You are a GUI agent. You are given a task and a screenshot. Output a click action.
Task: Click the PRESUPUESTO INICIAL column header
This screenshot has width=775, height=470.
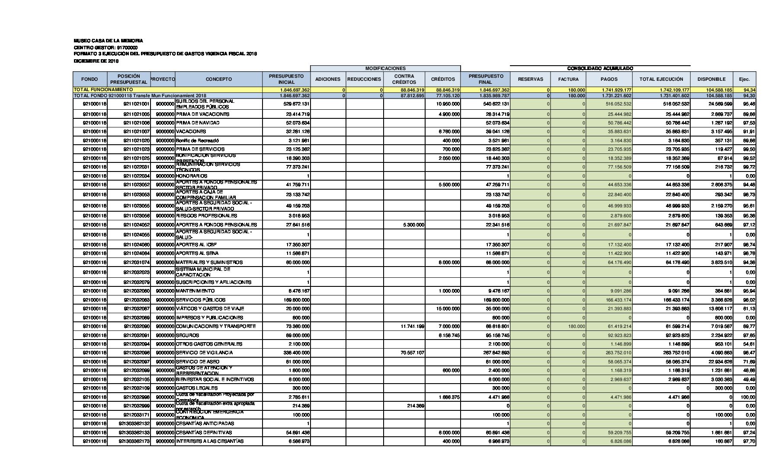tap(286, 79)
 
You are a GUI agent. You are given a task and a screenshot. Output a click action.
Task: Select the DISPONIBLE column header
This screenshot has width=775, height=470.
tap(711, 79)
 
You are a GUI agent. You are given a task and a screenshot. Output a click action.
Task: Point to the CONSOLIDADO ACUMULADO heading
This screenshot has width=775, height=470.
tap(600, 68)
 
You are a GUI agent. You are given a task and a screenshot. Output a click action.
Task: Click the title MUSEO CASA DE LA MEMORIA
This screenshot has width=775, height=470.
tap(108, 41)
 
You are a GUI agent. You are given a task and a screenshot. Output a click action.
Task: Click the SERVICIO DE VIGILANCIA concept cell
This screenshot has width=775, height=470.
tap(204, 352)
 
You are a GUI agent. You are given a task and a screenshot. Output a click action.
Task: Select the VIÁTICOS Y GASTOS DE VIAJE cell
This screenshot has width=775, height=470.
tap(210, 308)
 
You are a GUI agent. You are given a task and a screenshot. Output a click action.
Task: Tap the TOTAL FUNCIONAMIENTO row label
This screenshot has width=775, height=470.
tap(103, 89)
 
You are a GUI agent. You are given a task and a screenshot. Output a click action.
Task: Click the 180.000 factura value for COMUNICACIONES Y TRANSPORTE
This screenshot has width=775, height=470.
tap(576, 327)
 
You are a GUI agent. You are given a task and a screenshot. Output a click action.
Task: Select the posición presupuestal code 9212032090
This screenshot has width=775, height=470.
tap(137, 327)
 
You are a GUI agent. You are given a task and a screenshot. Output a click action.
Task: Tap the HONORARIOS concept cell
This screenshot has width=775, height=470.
tap(192, 176)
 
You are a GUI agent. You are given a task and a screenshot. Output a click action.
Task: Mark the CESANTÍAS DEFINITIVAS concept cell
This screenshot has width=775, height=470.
tap(204, 432)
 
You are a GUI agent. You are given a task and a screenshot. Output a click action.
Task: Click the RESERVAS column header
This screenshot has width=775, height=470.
tap(530, 79)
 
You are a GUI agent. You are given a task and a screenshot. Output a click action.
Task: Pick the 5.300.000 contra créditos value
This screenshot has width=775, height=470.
tap(413, 225)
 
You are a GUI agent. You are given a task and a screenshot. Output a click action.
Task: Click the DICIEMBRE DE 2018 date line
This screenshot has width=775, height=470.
tap(96, 61)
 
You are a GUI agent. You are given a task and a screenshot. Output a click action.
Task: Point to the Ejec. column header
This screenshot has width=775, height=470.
tap(744, 79)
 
